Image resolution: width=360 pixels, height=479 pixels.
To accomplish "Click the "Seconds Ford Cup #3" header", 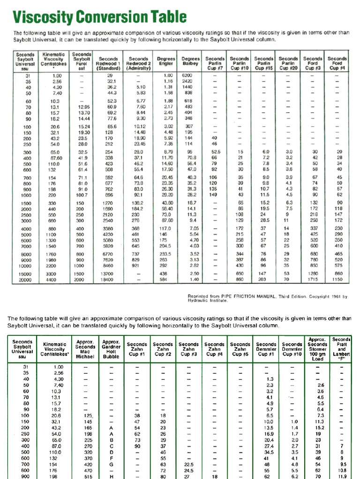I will pos(313,63).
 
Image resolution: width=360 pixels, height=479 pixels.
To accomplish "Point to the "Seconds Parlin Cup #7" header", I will pos(215,63).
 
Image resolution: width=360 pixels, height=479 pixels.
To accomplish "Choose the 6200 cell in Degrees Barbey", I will pos(187,75).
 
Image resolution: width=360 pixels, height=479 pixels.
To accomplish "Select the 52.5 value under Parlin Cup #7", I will pos(216,152).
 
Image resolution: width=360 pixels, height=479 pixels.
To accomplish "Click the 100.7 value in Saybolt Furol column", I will pos(82,194).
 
